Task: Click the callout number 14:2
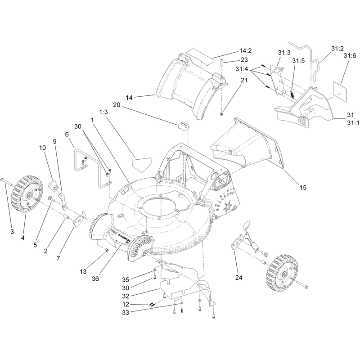[x=245, y=50]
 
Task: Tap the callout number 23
[x=244, y=60]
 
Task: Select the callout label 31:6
[x=350, y=55]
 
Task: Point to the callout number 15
[x=303, y=188]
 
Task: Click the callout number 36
[x=95, y=279]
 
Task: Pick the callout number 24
[x=239, y=278]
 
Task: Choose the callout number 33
[x=126, y=312]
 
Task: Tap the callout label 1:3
[x=103, y=112]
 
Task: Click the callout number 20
[x=117, y=105]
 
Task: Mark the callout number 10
[x=42, y=148]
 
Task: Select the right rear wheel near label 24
[x=282, y=273]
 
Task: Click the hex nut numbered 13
[x=106, y=250]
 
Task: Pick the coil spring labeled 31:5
[x=292, y=94]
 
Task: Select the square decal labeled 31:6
[x=340, y=91]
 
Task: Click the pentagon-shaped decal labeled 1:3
[x=142, y=164]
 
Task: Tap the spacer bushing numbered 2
[x=66, y=217]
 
